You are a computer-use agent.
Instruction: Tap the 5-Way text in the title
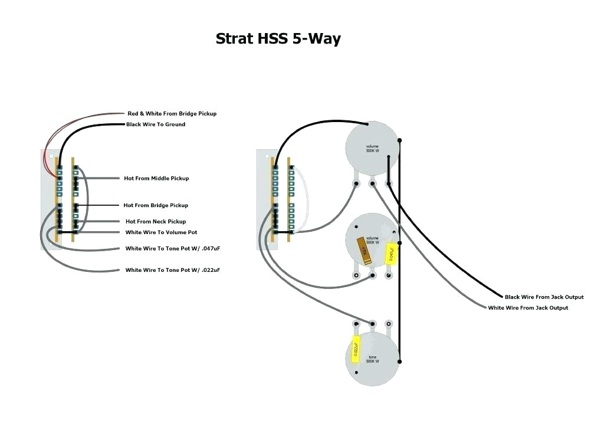click(x=316, y=40)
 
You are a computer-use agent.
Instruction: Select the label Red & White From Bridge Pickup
click(x=172, y=113)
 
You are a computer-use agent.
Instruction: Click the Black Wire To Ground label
click(x=156, y=124)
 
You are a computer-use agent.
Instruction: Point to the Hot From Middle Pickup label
click(x=156, y=178)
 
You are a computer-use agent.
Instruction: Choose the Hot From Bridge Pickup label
click(x=156, y=205)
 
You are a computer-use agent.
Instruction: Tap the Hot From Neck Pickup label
click(x=156, y=221)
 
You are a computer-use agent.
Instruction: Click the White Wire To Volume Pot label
click(x=161, y=232)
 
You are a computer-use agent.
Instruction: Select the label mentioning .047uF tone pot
click(x=172, y=249)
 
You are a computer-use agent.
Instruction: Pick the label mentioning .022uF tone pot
click(x=172, y=270)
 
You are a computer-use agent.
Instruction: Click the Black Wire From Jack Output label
click(x=544, y=297)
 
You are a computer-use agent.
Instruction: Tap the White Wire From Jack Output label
click(x=528, y=308)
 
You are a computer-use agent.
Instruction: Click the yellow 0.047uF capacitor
click(x=390, y=254)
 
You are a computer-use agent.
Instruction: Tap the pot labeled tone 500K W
click(x=372, y=359)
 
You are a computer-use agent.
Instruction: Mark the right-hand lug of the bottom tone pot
click(x=388, y=324)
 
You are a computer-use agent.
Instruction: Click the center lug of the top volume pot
click(x=372, y=183)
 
